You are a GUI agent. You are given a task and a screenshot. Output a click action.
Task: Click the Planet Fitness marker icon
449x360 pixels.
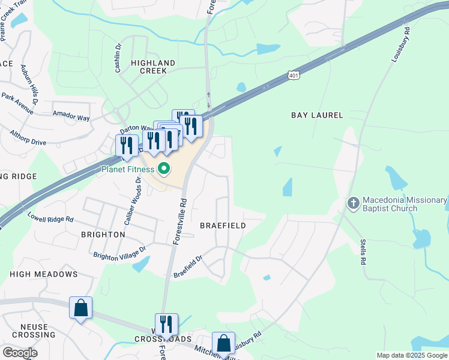click(162, 169)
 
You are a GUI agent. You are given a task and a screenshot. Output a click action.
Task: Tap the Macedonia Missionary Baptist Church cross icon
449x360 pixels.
click(353, 203)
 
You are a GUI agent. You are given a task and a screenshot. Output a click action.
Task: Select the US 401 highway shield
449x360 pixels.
click(293, 77)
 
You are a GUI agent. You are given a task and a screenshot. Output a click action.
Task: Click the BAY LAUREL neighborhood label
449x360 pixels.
click(317, 115)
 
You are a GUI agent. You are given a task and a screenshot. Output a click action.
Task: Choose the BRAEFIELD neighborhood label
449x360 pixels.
click(223, 226)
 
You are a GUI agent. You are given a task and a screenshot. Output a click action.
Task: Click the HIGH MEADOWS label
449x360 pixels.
click(44, 274)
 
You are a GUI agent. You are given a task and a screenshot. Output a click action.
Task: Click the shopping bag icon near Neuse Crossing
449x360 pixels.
click(80, 308)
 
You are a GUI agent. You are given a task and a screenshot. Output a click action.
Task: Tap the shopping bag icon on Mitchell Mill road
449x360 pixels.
click(223, 344)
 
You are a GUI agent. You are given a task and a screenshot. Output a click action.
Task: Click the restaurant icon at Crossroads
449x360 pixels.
click(166, 325)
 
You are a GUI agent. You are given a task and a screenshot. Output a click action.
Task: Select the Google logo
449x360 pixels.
click(20, 353)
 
